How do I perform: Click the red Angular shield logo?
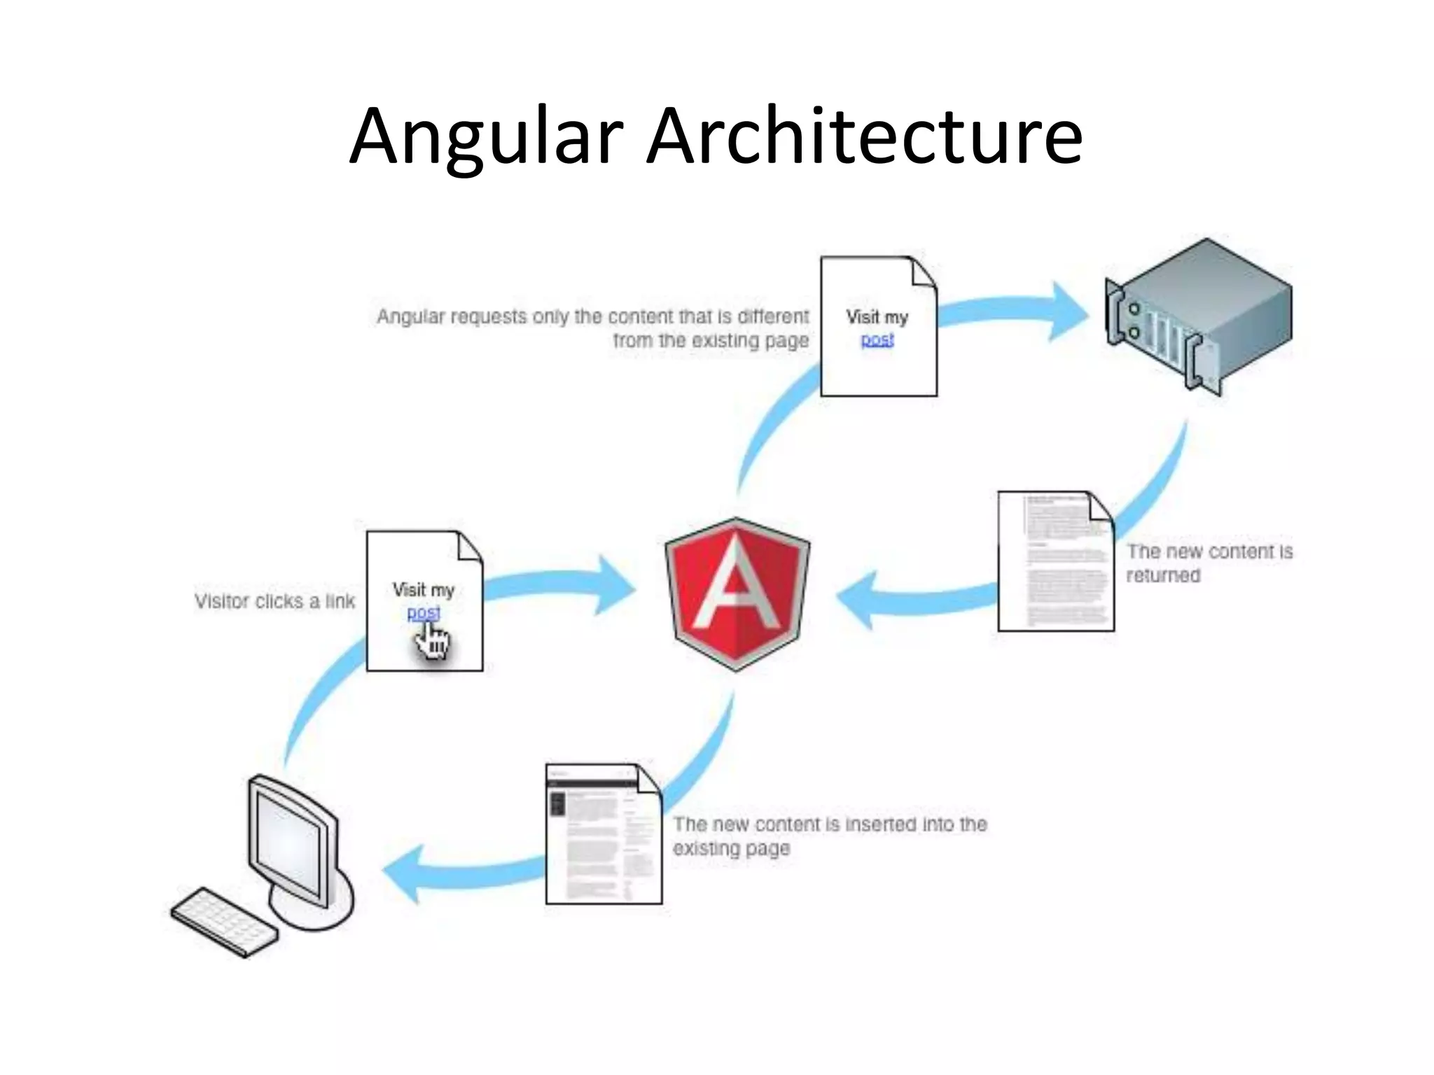[737, 595]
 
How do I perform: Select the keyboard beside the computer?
[224, 922]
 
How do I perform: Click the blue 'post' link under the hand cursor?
[423, 612]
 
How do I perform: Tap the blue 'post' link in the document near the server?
[877, 339]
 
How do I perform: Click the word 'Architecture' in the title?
[864, 136]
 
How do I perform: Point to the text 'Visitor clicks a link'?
[274, 601]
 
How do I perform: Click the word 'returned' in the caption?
[1163, 575]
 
